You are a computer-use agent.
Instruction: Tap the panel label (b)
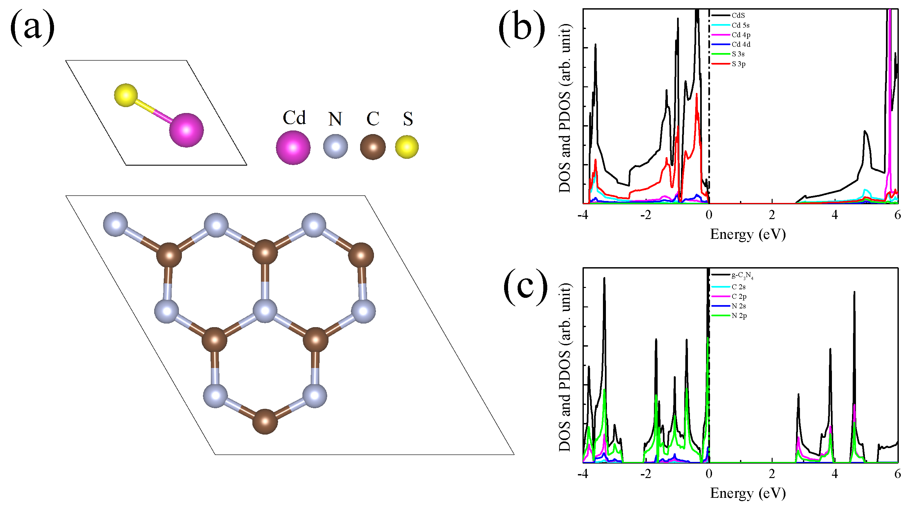[522, 28]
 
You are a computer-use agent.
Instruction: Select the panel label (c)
[526, 287]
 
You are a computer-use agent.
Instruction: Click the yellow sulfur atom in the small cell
[126, 95]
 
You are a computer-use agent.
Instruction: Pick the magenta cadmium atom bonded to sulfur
[186, 130]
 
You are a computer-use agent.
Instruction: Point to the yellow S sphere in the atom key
[407, 147]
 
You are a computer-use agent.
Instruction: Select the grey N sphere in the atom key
[335, 146]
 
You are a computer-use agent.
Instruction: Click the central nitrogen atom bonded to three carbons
[265, 311]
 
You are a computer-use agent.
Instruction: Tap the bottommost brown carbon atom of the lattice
[265, 421]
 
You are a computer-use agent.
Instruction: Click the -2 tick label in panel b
[645, 215]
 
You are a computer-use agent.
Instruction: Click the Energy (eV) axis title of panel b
[748, 235]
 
